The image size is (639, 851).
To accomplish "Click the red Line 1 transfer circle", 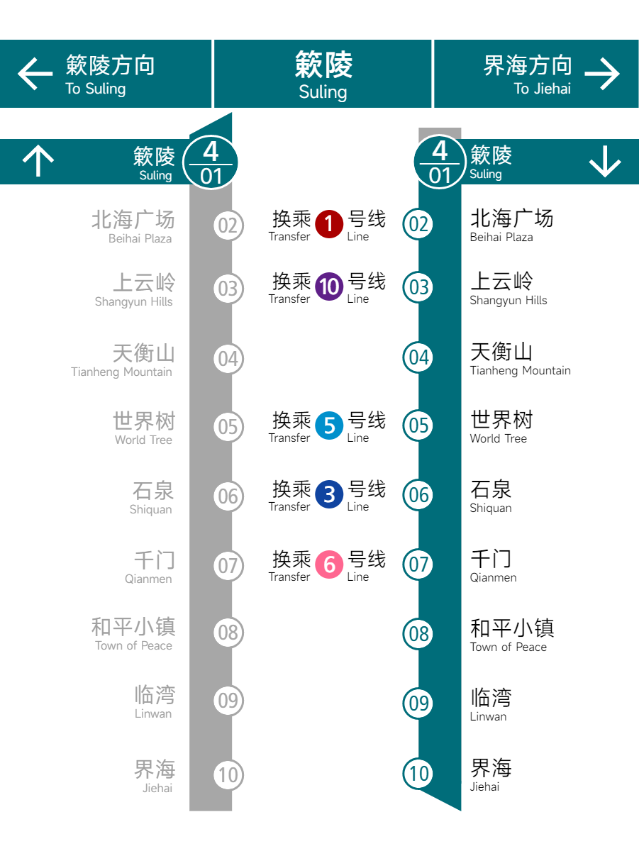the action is [329, 224].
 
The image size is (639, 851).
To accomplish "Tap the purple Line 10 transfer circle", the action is [329, 287].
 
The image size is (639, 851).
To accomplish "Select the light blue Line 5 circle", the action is [329, 425].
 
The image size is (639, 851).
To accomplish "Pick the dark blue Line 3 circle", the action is [329, 494].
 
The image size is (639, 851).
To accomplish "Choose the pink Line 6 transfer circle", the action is [329, 564].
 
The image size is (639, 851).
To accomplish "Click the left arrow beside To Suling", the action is [35, 74].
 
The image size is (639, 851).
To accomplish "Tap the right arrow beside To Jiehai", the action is [602, 74].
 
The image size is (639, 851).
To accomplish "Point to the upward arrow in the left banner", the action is [38, 160].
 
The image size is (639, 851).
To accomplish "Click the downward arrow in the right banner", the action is [605, 161].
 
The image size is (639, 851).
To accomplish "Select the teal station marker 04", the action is [418, 357].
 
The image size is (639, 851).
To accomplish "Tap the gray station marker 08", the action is [228, 633].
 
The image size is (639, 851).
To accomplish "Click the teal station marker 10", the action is [418, 774].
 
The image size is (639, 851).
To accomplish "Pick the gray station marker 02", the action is [228, 226].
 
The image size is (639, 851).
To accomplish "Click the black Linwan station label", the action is [491, 705].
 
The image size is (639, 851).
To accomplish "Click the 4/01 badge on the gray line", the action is [210, 162].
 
